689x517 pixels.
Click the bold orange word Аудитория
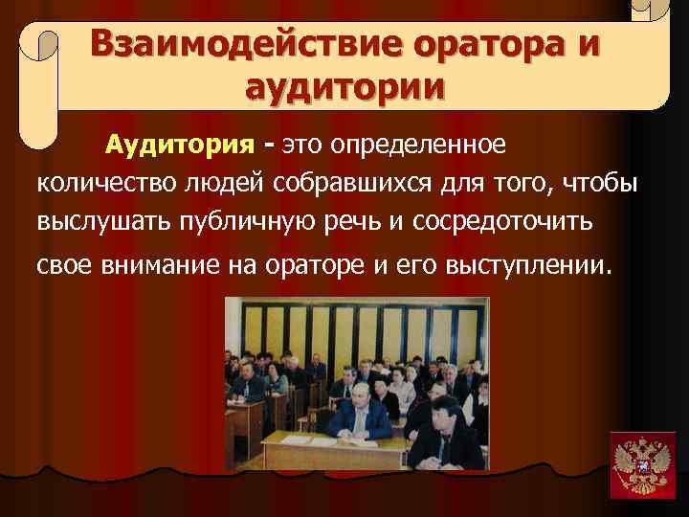[180, 146]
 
